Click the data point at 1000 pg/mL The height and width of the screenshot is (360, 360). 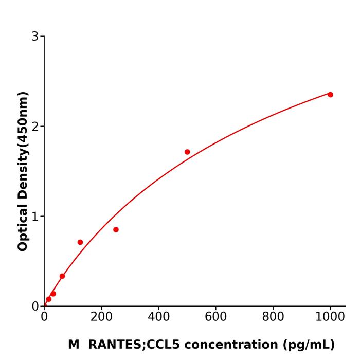[x=330, y=95]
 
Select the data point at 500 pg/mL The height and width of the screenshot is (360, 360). [x=187, y=152]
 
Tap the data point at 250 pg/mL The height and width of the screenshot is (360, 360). [x=116, y=229]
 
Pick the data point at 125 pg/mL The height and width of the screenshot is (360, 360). [x=80, y=242]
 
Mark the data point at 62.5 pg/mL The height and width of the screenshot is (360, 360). [x=62, y=276]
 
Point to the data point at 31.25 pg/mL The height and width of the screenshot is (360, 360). [x=53, y=294]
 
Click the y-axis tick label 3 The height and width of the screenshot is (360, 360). [x=35, y=37]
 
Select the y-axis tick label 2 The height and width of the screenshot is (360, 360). [x=35, y=127]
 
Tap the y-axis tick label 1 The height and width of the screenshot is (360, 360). [x=35, y=217]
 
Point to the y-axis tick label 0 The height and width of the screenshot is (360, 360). [x=35, y=307]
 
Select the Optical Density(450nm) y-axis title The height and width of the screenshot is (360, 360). [x=23, y=171]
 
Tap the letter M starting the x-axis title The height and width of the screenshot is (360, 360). [x=74, y=345]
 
